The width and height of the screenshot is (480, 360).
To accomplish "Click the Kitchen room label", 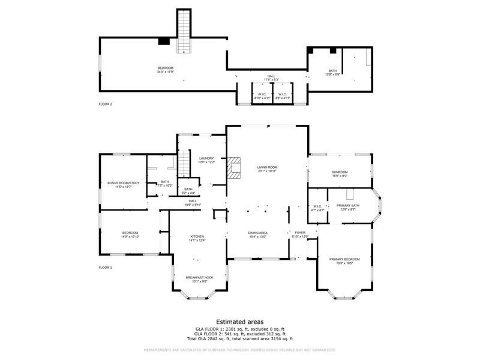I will point(198,238).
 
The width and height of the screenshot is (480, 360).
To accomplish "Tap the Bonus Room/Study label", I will point(123,184).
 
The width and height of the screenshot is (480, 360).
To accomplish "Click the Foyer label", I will point(300,234).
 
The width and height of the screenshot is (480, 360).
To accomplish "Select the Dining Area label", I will point(258,234).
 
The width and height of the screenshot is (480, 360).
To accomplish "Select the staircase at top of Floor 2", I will point(184,30).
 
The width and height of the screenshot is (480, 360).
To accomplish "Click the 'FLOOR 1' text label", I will point(106,268).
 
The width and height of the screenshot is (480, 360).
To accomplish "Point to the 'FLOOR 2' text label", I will point(106,104).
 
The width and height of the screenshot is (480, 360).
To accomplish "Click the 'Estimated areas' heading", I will point(239,322).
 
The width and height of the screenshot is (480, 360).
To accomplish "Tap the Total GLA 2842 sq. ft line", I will point(239,338).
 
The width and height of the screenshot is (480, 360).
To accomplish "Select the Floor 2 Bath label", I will point(332,73).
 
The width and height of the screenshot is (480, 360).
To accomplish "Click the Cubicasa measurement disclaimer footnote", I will point(239,350).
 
